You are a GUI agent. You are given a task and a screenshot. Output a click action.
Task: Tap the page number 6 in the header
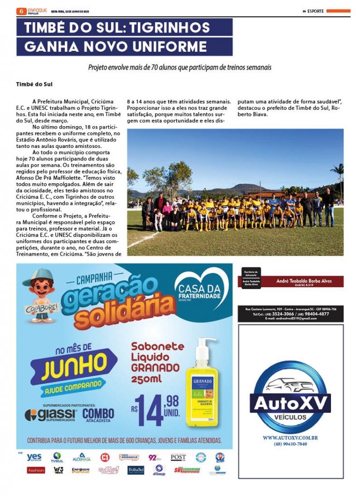pyautogui.click(x=20, y=11)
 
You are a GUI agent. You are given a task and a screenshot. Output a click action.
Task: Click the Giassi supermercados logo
pyautogui.click(x=51, y=415)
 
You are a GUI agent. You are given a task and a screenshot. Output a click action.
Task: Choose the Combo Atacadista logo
pyautogui.click(x=98, y=415)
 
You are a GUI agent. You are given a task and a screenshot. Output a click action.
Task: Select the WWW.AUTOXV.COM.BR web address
pyautogui.click(x=290, y=438)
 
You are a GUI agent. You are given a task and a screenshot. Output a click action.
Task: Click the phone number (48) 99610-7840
pyautogui.click(x=290, y=444)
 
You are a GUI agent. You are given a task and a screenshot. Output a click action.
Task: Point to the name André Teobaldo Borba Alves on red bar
pyautogui.click(x=303, y=281)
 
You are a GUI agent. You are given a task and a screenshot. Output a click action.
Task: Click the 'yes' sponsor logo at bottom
pyautogui.click(x=34, y=456)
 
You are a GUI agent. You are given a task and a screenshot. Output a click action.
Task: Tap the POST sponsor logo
pyautogui.click(x=178, y=457)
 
